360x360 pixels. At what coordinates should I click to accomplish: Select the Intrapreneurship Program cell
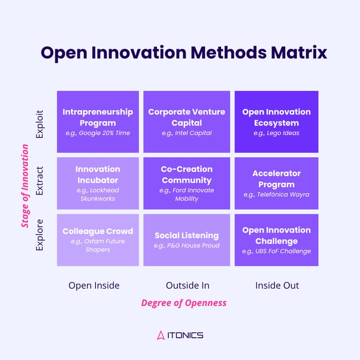98,122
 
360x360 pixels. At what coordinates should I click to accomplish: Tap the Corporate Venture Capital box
187,122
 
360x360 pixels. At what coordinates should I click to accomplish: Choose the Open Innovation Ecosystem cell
276,122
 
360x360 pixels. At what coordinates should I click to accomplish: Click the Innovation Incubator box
98,183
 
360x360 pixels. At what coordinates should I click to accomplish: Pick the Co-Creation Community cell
187,183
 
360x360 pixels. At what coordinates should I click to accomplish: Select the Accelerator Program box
276,183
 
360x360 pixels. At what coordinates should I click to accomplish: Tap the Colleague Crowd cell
98,240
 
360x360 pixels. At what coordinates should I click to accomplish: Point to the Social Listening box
187,240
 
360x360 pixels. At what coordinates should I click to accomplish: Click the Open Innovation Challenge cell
276,240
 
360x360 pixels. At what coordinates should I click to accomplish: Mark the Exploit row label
40,122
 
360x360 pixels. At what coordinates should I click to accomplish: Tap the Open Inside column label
94,285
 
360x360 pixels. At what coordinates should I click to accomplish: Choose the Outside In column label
187,285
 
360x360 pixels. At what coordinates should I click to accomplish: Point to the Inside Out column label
277,285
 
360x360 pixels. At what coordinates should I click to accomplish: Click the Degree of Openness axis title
184,303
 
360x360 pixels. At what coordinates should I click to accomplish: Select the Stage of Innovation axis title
25,186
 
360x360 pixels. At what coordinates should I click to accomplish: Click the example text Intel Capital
187,133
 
